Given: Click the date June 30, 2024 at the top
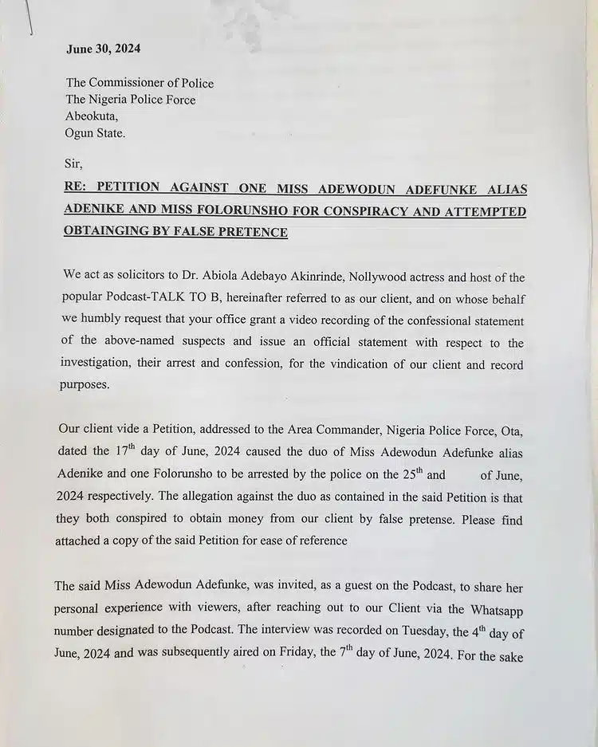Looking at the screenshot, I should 103,48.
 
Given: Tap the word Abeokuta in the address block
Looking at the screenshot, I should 92,116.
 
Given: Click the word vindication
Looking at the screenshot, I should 359,365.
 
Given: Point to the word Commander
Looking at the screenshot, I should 360,431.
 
